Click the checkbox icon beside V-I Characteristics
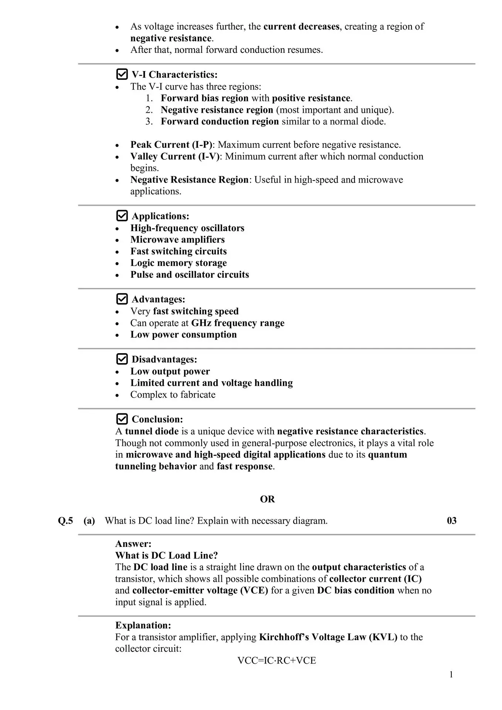[x=122, y=74]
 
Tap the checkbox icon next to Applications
[x=122, y=216]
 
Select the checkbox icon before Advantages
[x=122, y=299]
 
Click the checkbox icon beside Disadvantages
[x=122, y=359]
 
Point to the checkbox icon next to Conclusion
[x=122, y=419]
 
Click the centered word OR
[x=267, y=499]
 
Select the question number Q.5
[x=65, y=521]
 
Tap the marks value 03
[x=452, y=521]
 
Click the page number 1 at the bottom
[x=451, y=675]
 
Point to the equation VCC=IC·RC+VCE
[x=277, y=660]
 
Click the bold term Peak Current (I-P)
[x=172, y=145]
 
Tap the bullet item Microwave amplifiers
[x=177, y=240]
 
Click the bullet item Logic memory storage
[x=179, y=263]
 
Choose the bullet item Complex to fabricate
[x=173, y=395]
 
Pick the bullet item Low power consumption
[x=183, y=335]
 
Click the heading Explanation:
[x=143, y=625]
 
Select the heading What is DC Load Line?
[x=166, y=555]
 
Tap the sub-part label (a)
[x=89, y=521]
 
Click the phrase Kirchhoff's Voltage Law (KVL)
[x=328, y=637]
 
